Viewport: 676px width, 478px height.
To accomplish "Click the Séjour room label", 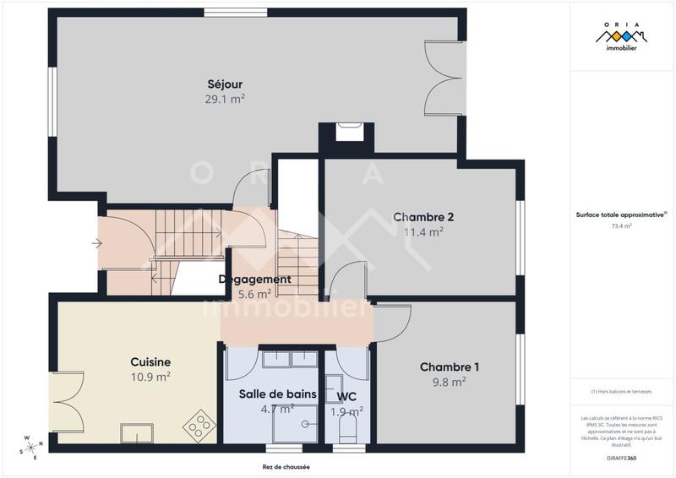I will [225, 84].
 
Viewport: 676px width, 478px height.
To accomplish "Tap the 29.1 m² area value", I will [225, 99].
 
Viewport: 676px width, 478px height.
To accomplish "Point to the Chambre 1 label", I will [450, 367].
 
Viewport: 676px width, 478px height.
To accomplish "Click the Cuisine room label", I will [150, 361].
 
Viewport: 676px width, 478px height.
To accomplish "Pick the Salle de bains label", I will [277, 394].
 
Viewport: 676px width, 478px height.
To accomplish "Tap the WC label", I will [346, 396].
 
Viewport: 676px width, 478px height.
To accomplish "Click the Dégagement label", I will [254, 280].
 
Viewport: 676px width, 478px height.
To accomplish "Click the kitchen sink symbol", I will [137, 434].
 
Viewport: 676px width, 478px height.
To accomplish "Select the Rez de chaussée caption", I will [286, 467].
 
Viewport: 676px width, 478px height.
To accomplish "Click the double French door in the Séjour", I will [443, 79].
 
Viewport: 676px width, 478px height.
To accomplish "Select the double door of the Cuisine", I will [68, 398].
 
